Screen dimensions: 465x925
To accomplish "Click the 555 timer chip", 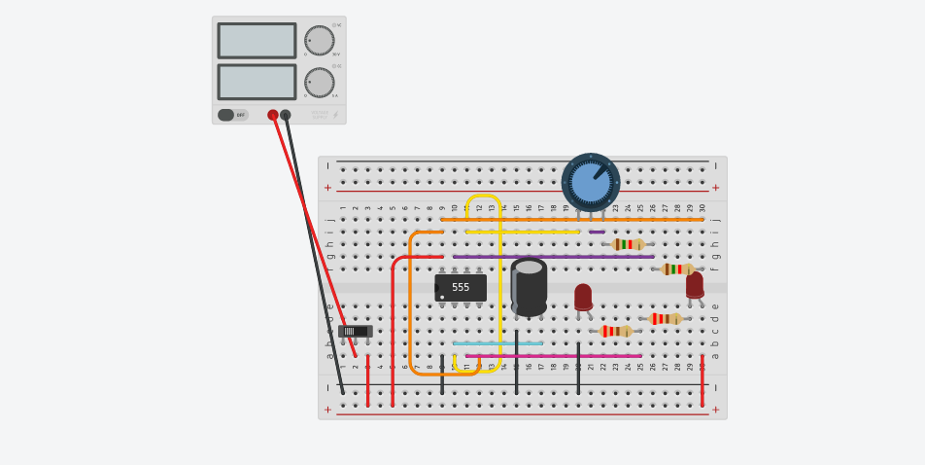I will [461, 287].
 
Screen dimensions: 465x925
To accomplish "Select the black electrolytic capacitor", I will [529, 287].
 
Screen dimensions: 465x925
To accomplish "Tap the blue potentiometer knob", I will [591, 182].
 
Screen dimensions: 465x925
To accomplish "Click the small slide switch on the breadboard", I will [356, 331].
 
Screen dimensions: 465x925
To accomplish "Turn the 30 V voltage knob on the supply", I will [320, 41].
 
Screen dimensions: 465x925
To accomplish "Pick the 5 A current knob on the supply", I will [320, 83].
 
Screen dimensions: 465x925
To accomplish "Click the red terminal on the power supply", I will [273, 115].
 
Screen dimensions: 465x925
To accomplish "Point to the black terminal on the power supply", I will [286, 115].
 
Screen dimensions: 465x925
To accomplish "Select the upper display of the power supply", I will [257, 41].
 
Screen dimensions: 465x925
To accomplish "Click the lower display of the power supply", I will [257, 82].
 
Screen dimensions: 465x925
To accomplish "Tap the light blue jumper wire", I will [497, 343].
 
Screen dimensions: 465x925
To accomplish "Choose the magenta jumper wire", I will [554, 356].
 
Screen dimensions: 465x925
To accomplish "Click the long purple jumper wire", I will [554, 257].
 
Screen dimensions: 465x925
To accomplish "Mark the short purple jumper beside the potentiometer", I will [597, 232].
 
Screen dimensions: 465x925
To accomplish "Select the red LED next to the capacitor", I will [583, 297].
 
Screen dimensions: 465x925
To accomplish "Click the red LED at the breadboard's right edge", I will [695, 285].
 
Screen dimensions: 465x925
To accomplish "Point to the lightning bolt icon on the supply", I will [335, 115].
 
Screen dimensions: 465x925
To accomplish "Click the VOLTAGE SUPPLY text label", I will [320, 115].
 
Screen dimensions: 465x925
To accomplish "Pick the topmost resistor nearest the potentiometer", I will [628, 244].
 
